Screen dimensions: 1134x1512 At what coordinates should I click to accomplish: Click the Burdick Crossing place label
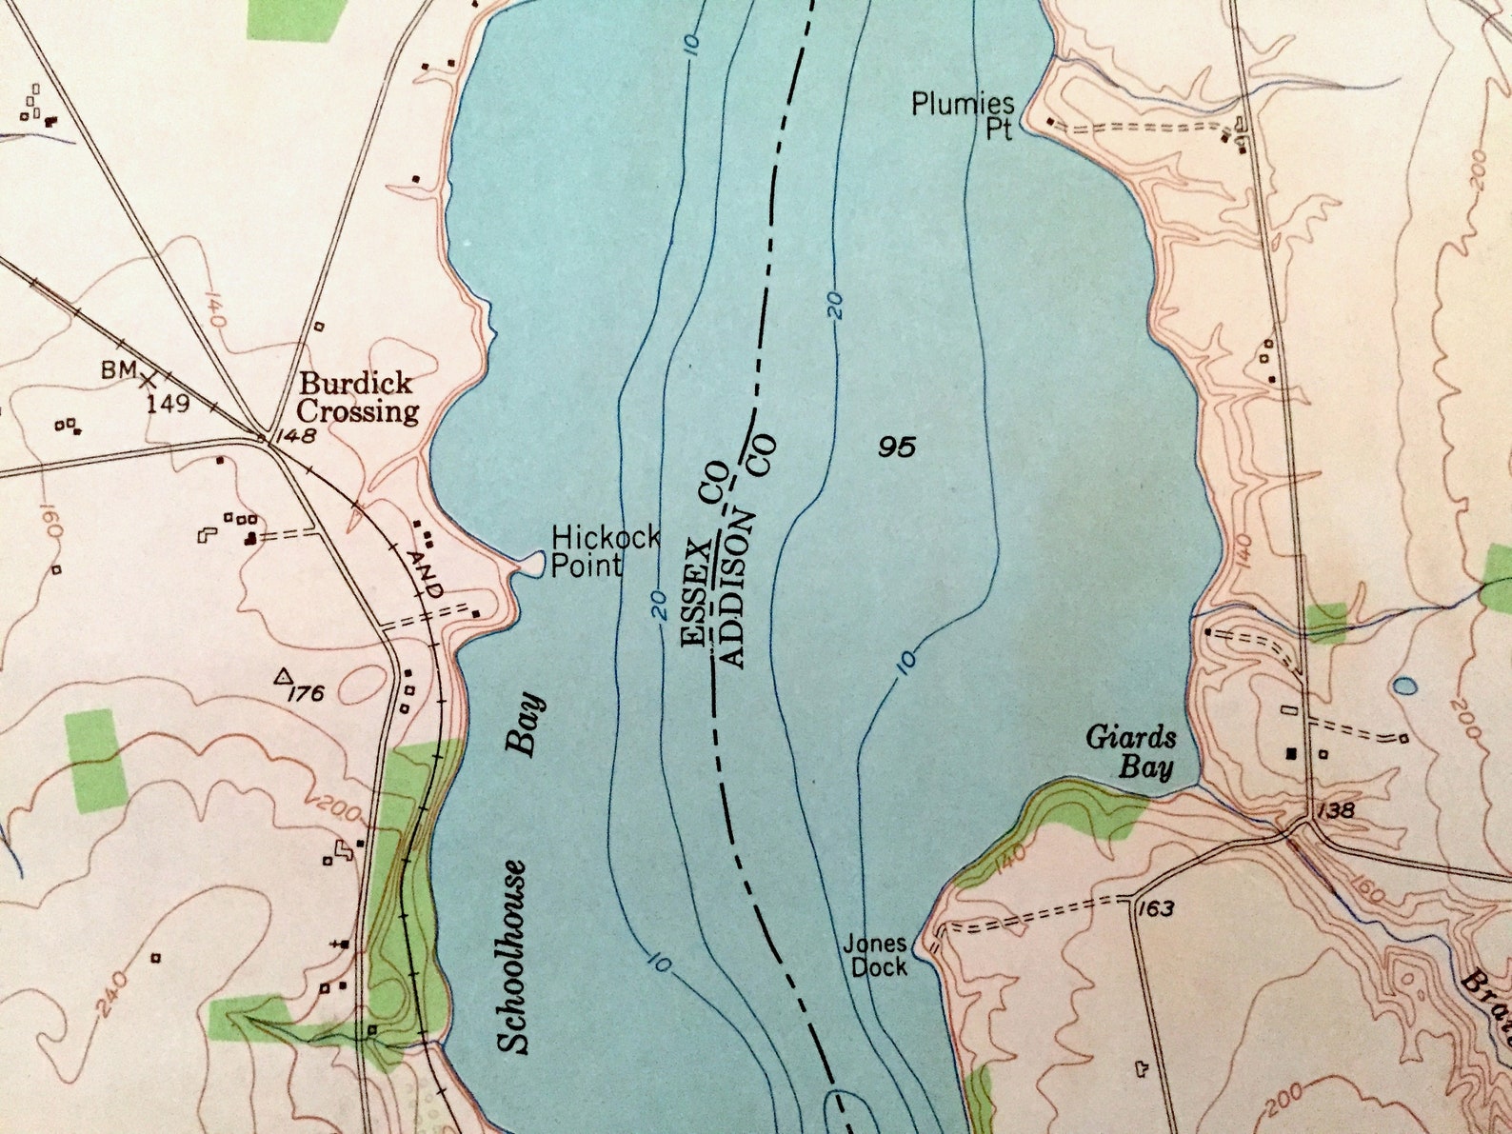click(x=358, y=398)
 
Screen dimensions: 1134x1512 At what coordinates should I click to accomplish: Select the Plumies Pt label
click(x=963, y=115)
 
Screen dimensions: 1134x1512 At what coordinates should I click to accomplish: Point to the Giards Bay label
click(x=1132, y=752)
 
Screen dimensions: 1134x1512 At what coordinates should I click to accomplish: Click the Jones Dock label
click(x=875, y=955)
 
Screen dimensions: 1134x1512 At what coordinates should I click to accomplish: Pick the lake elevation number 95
click(x=897, y=447)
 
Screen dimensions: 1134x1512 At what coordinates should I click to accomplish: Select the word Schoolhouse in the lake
click(x=514, y=956)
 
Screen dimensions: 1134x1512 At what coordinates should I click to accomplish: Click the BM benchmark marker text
click(x=120, y=369)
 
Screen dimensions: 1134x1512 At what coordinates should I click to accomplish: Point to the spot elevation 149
click(x=168, y=404)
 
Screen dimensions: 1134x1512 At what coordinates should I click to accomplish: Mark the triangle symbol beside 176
click(x=283, y=677)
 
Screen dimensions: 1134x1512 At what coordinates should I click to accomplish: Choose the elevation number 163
click(x=1154, y=909)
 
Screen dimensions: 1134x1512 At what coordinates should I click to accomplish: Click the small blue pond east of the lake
click(x=1404, y=685)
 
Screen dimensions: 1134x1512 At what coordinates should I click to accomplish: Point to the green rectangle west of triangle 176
click(x=95, y=759)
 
